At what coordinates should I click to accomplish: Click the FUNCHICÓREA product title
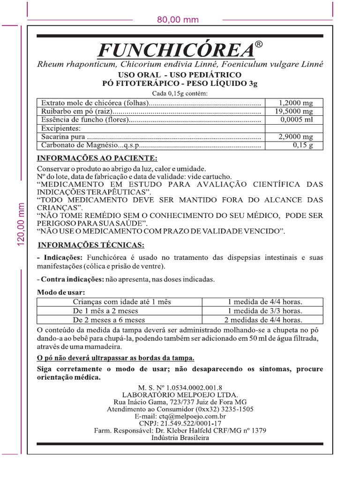176,50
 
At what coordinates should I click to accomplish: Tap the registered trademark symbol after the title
259,45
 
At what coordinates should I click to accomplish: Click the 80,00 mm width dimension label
178,20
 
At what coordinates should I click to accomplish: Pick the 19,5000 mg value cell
294,112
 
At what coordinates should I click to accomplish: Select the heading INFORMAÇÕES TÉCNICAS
91,245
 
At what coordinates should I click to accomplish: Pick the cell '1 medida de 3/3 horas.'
265,311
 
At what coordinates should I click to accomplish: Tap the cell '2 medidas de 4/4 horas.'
263,320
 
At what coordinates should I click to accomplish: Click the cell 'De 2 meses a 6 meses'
109,320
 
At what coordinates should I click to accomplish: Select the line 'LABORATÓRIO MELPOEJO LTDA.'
180,395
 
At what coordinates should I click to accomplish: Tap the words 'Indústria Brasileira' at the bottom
180,437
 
